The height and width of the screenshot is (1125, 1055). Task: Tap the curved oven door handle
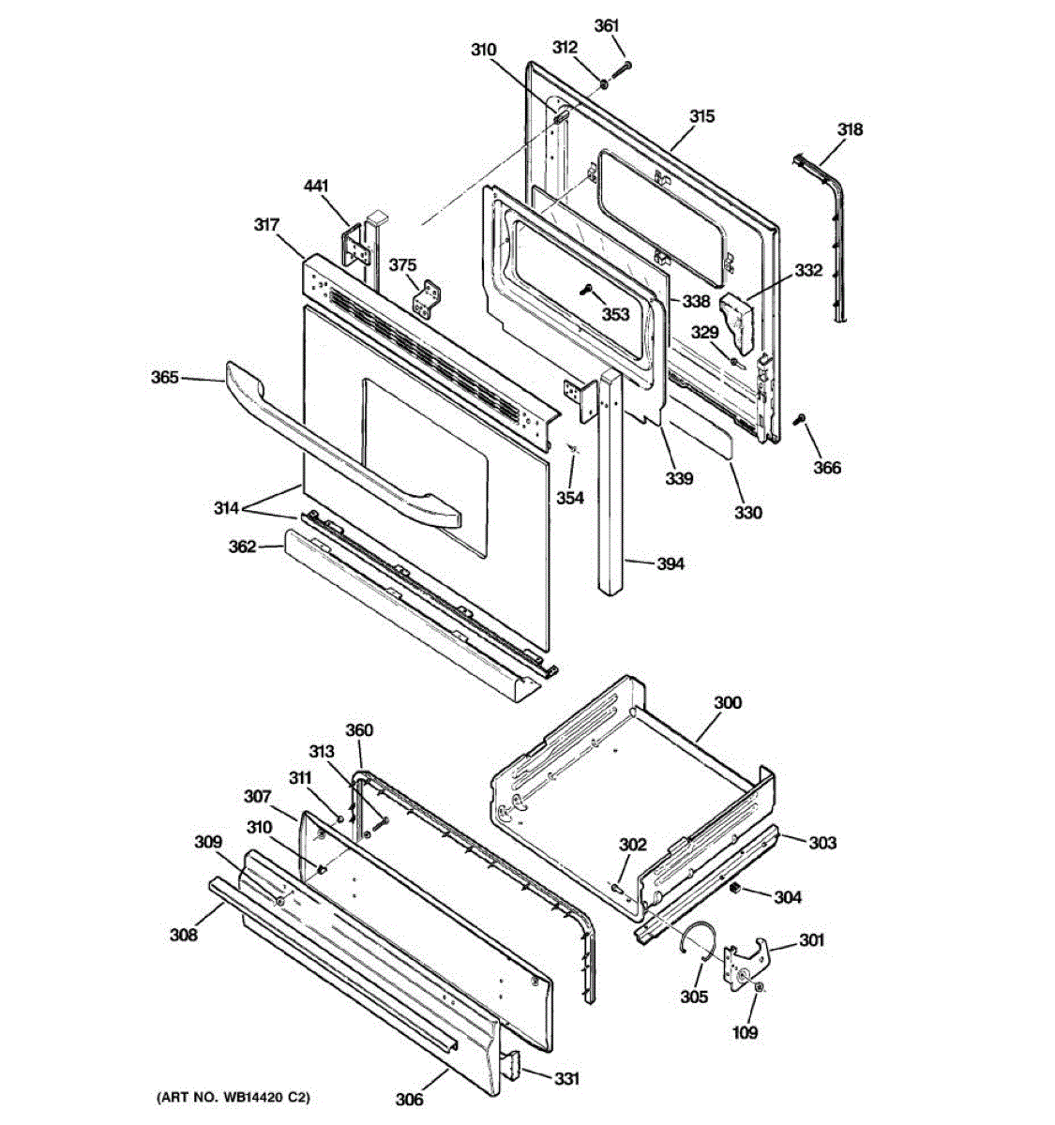(x=338, y=450)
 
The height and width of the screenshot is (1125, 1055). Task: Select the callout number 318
(x=850, y=130)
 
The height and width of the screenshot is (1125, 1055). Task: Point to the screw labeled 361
(x=623, y=69)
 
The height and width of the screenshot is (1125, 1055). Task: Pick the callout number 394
(x=670, y=563)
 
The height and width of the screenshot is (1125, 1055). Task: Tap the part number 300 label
(x=727, y=702)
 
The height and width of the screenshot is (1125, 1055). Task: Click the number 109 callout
(x=746, y=1032)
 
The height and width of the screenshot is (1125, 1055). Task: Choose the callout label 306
(x=409, y=1100)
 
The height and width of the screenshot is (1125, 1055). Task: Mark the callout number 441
(x=316, y=188)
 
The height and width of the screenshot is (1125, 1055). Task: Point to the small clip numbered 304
(x=736, y=886)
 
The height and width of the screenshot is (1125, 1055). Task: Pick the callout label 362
(x=242, y=546)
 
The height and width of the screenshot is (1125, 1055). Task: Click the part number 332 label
(x=808, y=271)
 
